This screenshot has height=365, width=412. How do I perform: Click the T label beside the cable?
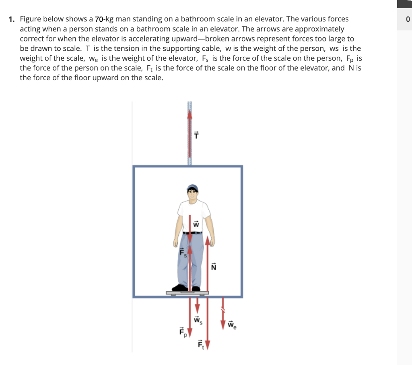pyautogui.click(x=197, y=135)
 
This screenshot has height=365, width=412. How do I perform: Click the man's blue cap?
pyautogui.click(x=193, y=187)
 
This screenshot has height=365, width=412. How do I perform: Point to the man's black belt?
pyautogui.click(x=192, y=233)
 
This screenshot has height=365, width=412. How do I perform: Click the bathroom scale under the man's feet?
pyautogui.click(x=187, y=293)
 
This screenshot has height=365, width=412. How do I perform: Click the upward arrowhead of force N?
pyautogui.click(x=208, y=241)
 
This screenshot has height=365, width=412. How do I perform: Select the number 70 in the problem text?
pyautogui.click(x=100, y=19)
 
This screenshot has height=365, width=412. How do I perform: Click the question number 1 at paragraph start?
pyautogui.click(x=12, y=19)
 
